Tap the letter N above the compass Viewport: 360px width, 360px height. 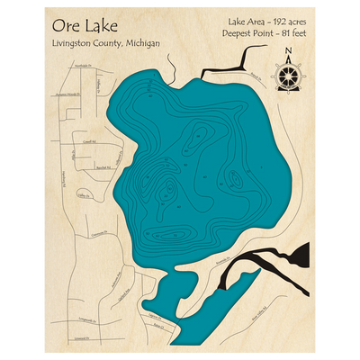point(287,51)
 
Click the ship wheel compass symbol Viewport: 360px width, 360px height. point(287,74)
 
